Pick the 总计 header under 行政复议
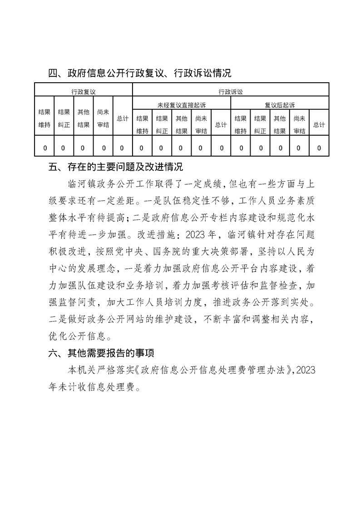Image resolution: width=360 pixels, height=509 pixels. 122,119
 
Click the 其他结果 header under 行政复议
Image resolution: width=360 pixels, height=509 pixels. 83,119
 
